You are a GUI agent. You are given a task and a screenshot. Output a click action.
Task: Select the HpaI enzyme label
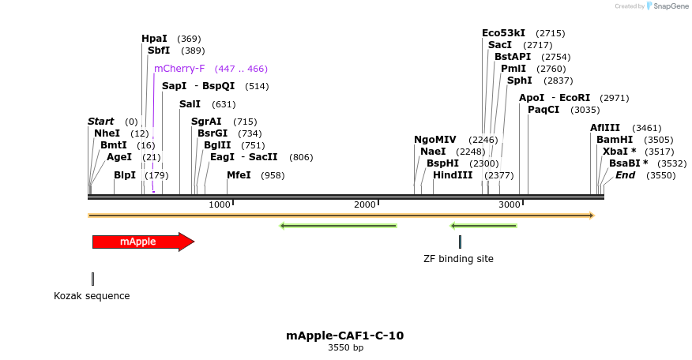click(154, 39)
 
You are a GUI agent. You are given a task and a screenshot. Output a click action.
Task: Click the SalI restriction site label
click(190, 104)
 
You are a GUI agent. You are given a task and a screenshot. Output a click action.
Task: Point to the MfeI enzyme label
click(239, 174)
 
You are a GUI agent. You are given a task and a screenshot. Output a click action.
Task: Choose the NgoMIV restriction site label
click(435, 140)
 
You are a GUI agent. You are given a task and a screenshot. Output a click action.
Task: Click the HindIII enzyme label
click(453, 175)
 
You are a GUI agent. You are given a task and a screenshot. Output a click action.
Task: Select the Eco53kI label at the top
click(503, 33)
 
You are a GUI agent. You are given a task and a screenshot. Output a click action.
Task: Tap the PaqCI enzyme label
click(543, 110)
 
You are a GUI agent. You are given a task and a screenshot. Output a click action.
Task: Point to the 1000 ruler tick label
click(220, 205)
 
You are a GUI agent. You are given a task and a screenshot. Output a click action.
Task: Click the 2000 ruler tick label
click(365, 205)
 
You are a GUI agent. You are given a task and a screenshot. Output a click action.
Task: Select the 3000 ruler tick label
click(510, 205)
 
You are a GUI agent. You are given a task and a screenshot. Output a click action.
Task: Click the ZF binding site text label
click(458, 258)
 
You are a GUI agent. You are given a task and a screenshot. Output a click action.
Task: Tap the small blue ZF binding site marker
click(460, 242)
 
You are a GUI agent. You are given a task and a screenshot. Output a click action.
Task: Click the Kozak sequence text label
click(92, 296)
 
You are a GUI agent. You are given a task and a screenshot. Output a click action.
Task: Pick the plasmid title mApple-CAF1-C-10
click(345, 336)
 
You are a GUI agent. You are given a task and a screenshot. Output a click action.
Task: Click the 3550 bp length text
click(345, 348)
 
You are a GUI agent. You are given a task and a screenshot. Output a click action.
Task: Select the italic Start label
click(101, 122)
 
